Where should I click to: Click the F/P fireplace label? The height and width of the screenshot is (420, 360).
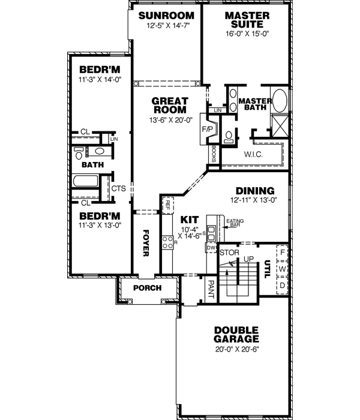[206, 128]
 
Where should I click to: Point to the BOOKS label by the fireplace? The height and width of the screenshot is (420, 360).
[214, 154]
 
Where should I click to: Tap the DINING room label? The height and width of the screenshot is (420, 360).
[254, 190]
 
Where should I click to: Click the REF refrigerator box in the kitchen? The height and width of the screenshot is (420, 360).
[168, 205]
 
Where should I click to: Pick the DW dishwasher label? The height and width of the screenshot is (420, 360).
[210, 247]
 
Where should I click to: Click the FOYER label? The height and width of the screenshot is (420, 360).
[145, 242]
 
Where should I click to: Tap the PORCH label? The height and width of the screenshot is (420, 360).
[148, 288]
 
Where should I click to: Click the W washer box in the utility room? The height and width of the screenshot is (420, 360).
[281, 269]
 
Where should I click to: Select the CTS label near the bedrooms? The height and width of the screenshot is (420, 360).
[118, 188]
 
